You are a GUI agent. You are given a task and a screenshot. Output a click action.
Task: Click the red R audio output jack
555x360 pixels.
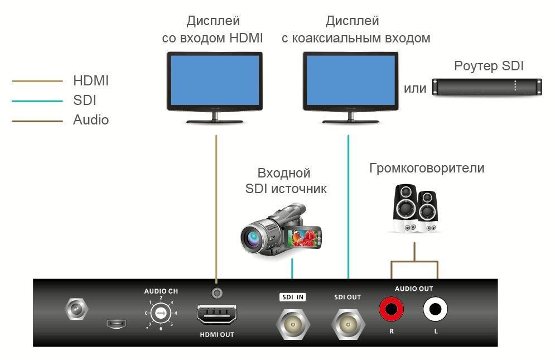tap(392, 309)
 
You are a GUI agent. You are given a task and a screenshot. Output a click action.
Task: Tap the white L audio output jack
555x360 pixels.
tap(435, 309)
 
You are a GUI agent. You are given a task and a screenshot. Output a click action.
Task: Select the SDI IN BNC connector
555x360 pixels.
tap(292, 323)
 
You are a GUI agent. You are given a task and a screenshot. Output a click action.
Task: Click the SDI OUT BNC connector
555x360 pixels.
tap(347, 323)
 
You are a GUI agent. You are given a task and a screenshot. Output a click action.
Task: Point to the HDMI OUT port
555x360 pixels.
tap(216, 316)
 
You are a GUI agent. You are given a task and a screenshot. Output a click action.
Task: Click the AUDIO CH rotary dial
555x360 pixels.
tap(161, 314)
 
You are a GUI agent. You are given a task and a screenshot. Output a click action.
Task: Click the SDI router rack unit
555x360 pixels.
tap(488, 87)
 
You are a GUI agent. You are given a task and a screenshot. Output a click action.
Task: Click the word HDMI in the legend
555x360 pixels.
tap(91, 81)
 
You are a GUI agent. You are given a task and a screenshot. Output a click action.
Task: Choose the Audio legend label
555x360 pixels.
tap(91, 120)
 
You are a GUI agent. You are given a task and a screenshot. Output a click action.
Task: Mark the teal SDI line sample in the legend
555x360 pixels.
tap(37, 101)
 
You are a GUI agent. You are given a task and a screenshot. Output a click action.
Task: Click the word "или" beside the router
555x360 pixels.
tap(415, 88)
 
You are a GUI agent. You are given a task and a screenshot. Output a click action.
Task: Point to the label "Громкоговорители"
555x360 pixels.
tap(427, 168)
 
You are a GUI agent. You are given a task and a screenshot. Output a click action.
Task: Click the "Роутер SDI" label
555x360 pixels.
tap(489, 66)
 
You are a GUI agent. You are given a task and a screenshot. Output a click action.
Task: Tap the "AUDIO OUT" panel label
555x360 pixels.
tap(413, 289)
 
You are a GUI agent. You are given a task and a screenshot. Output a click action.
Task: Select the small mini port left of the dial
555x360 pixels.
tap(116, 323)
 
